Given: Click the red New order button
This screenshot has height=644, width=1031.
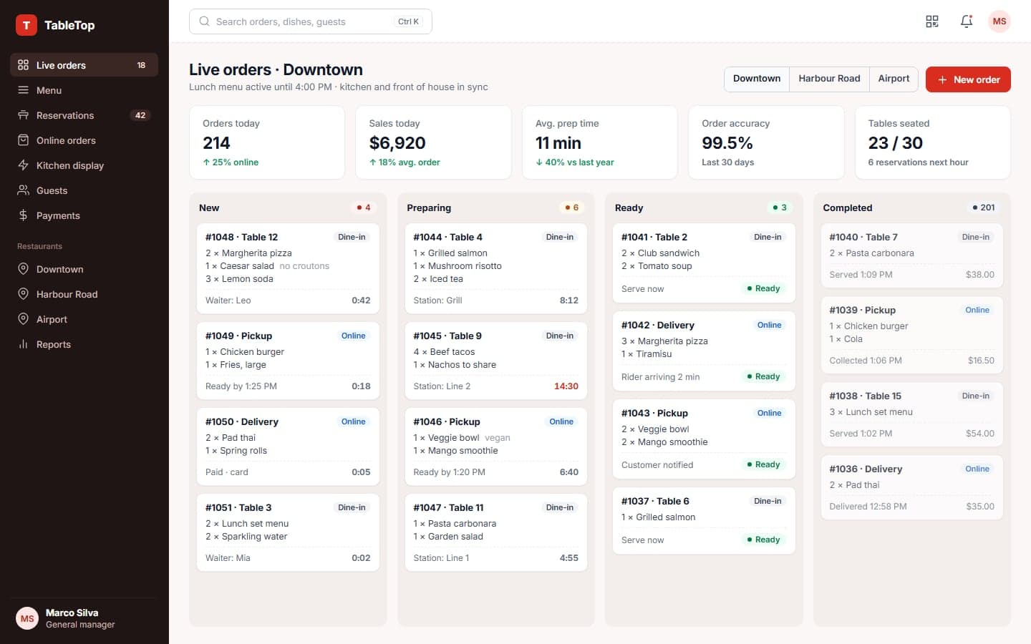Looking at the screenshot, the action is pyautogui.click(x=967, y=79).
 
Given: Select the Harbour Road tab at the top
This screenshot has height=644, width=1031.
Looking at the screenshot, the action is pyautogui.click(x=829, y=79).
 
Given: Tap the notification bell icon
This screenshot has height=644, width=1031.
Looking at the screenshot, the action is pyautogui.click(x=966, y=21).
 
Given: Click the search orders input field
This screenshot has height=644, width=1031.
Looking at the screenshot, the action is pyautogui.click(x=310, y=21).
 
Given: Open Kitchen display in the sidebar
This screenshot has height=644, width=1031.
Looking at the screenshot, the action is pyautogui.click(x=70, y=165).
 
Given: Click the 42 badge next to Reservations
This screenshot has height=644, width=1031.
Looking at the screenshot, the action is pyautogui.click(x=140, y=115).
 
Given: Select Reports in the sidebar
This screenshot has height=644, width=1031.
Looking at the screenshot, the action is pyautogui.click(x=54, y=344).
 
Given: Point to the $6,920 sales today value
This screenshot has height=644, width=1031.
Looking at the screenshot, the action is pyautogui.click(x=397, y=143).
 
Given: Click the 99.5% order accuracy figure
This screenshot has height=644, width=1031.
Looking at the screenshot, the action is pyautogui.click(x=727, y=143).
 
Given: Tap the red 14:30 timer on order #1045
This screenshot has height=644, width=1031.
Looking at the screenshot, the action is pyautogui.click(x=566, y=386).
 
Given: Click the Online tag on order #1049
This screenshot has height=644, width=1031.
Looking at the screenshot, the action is pyautogui.click(x=353, y=336).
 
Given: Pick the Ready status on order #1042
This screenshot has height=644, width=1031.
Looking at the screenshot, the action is pyautogui.click(x=763, y=376).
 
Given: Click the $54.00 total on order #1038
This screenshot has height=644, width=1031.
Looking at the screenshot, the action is pyautogui.click(x=980, y=434).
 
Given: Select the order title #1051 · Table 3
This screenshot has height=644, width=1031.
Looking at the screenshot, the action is pyautogui.click(x=238, y=507).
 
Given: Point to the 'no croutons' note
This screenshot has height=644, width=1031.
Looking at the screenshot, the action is pyautogui.click(x=304, y=266).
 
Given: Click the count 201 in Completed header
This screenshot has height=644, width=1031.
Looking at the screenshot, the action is pyautogui.click(x=987, y=208).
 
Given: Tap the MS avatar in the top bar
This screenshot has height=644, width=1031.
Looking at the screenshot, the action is pyautogui.click(x=999, y=21).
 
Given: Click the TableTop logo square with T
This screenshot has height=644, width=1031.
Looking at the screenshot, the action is pyautogui.click(x=26, y=25).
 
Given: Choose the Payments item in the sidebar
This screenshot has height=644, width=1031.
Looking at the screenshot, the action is pyautogui.click(x=58, y=215).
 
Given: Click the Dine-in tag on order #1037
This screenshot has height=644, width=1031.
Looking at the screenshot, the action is pyautogui.click(x=768, y=501).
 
